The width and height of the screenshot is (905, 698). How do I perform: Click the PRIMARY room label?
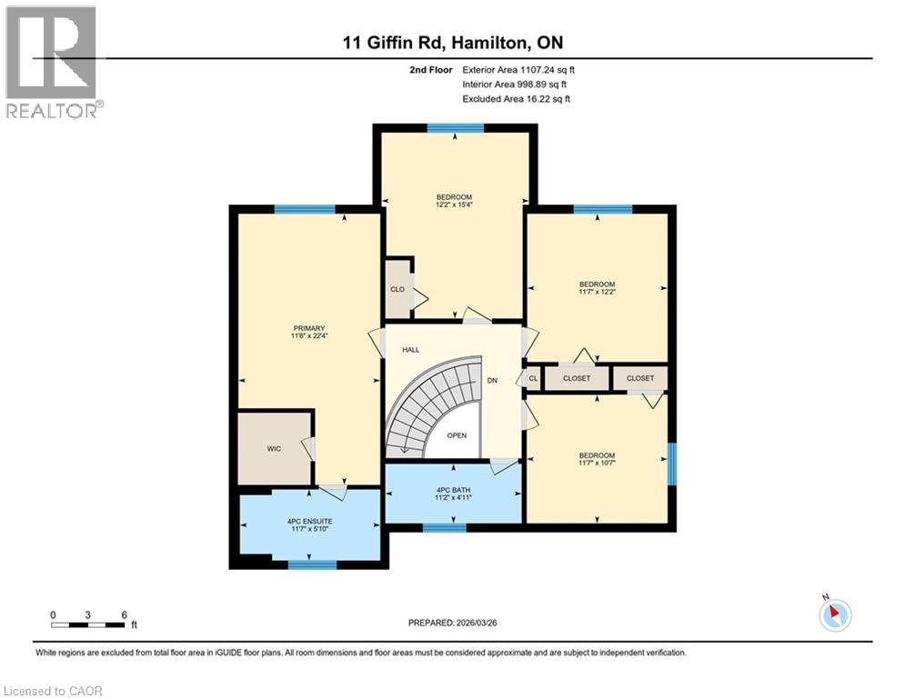click(309, 328)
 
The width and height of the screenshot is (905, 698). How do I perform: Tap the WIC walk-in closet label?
click(274, 448)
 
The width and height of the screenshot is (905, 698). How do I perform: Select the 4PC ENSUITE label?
click(309, 521)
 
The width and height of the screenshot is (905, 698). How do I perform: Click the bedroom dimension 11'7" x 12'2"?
click(598, 294)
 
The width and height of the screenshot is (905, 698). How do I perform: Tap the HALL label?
click(411, 349)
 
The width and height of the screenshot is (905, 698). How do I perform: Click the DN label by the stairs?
click(491, 381)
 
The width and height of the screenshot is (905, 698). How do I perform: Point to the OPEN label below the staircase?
click(457, 435)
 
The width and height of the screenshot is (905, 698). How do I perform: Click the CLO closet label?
click(397, 290)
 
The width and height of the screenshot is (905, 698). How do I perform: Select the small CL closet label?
click(533, 378)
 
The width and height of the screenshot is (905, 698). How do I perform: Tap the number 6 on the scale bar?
click(124, 614)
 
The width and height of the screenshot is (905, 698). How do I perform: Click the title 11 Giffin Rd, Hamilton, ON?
click(452, 43)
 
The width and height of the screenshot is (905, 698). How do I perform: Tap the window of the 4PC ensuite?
click(312, 564)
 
